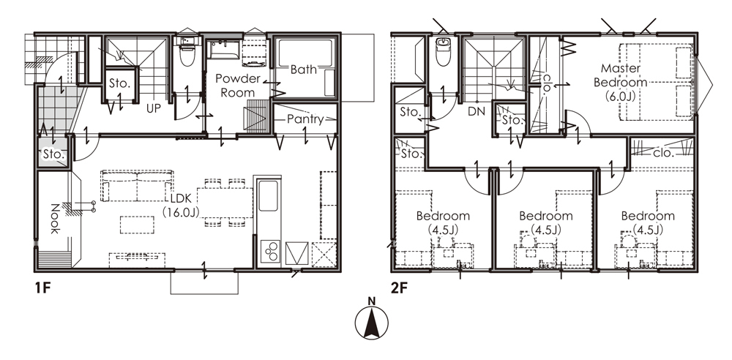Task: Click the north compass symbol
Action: pyautogui.click(x=372, y=321)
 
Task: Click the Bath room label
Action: pyautogui.click(x=304, y=70)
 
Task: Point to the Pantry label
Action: pyautogui.click(x=305, y=119)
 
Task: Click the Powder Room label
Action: pyautogui.click(x=238, y=86)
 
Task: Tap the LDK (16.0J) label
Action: pyautogui.click(x=181, y=205)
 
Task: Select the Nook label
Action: pyautogui.click(x=54, y=219)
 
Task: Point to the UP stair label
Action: pyautogui.click(x=154, y=108)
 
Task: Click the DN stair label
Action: pyautogui.click(x=477, y=111)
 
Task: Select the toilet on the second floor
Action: pyautogui.click(x=443, y=52)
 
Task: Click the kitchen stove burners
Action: pyautogui.click(x=270, y=252)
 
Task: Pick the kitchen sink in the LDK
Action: pyautogui.click(x=268, y=195)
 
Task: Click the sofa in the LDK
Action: pyautogui.click(x=138, y=186)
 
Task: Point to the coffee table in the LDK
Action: pyautogui.click(x=138, y=224)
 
